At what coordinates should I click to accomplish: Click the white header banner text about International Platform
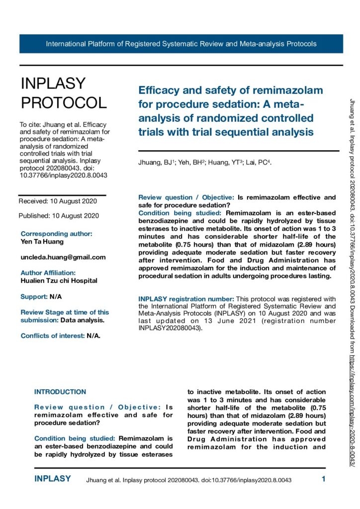coord(181,44)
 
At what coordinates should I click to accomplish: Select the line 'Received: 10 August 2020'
coord(58,201)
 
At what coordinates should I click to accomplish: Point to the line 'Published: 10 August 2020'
coord(59,216)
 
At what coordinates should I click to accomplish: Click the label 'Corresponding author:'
coord(56,234)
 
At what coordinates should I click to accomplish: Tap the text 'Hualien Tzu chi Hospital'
coord(59,281)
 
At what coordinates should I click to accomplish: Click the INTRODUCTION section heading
coord(60,392)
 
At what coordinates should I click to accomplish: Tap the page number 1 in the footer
coord(323,480)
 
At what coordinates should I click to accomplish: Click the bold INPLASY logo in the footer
coord(52,479)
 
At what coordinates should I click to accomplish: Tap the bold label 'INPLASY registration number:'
coord(187,299)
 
